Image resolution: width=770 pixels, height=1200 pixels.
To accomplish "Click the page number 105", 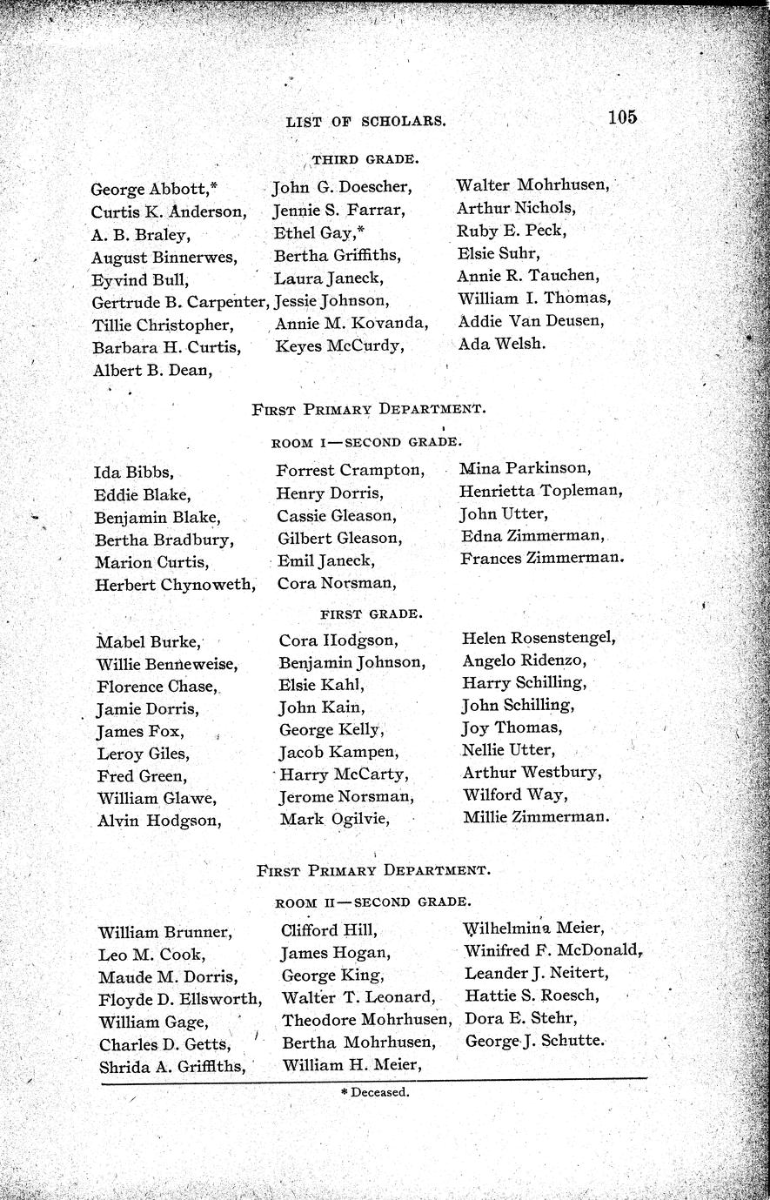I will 623,117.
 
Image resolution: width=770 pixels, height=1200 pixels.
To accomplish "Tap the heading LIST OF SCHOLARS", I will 365,123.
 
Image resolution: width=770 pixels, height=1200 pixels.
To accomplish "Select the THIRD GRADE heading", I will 354,159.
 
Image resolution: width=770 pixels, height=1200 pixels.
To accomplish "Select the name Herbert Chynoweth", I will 175,585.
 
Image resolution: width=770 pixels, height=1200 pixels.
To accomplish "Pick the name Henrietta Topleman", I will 540,491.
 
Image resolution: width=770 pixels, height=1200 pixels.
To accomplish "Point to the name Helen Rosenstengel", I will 539,638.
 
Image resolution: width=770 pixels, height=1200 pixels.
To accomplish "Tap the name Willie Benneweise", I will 167,664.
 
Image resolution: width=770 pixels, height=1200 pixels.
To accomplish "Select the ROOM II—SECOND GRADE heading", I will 374,902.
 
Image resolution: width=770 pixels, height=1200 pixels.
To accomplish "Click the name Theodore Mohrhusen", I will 366,1019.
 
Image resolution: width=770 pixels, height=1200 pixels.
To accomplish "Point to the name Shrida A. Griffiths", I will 171,1066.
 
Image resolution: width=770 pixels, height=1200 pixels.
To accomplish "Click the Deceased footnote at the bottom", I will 375,1091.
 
